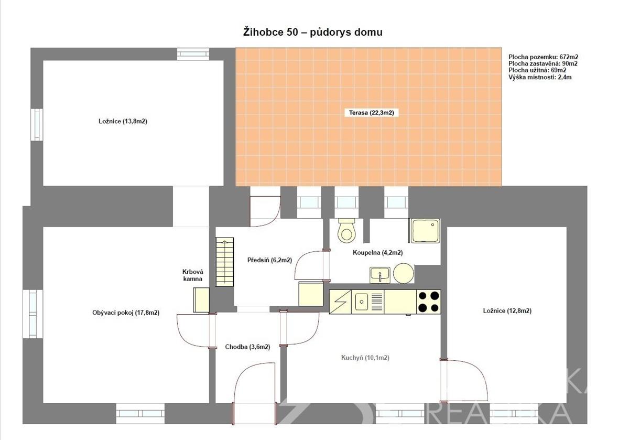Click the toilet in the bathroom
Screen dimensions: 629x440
pyautogui.click(x=347, y=231)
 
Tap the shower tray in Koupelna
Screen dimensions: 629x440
pyautogui.click(x=425, y=231)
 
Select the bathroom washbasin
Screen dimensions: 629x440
pyautogui.click(x=379, y=275)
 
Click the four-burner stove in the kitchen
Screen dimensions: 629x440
pyautogui.click(x=429, y=302)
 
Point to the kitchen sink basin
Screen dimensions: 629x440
pyautogui.click(x=361, y=302)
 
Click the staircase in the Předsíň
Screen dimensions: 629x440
pyautogui.click(x=224, y=262)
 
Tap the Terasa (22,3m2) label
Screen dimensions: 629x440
pyautogui.click(x=372, y=113)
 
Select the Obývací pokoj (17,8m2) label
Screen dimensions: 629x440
pyautogui.click(x=126, y=313)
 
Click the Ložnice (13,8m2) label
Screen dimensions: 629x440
pyautogui.click(x=123, y=121)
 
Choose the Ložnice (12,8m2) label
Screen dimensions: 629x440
pyautogui.click(x=507, y=311)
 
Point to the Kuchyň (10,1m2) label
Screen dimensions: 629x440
pyautogui.click(x=365, y=358)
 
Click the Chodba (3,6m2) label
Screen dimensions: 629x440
pyautogui.click(x=247, y=347)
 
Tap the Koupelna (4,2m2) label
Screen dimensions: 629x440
pyautogui.click(x=378, y=253)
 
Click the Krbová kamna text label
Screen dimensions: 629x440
pyautogui.click(x=193, y=275)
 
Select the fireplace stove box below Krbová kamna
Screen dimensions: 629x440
pyautogui.click(x=201, y=300)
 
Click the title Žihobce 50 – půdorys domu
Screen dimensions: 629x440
pyautogui.click(x=313, y=32)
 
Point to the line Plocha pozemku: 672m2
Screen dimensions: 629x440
pyautogui.click(x=544, y=57)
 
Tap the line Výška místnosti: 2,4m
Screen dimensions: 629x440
pyautogui.click(x=540, y=77)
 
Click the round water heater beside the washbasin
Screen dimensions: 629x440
pyautogui.click(x=404, y=273)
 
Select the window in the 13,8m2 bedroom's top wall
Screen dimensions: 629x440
pyautogui.click(x=193, y=54)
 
